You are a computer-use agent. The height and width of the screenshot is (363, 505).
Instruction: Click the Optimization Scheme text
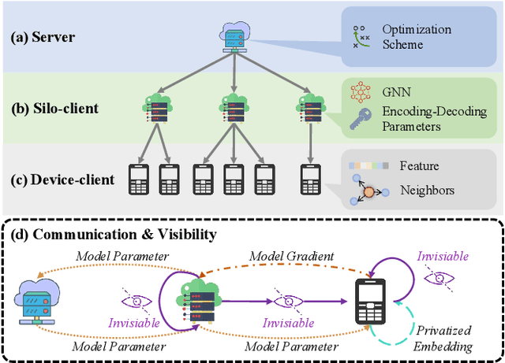pyautogui.click(x=417, y=37)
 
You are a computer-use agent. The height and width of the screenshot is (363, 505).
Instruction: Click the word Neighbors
pyautogui.click(x=426, y=190)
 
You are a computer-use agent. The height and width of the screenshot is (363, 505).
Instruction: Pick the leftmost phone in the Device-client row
pyautogui.click(x=139, y=180)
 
